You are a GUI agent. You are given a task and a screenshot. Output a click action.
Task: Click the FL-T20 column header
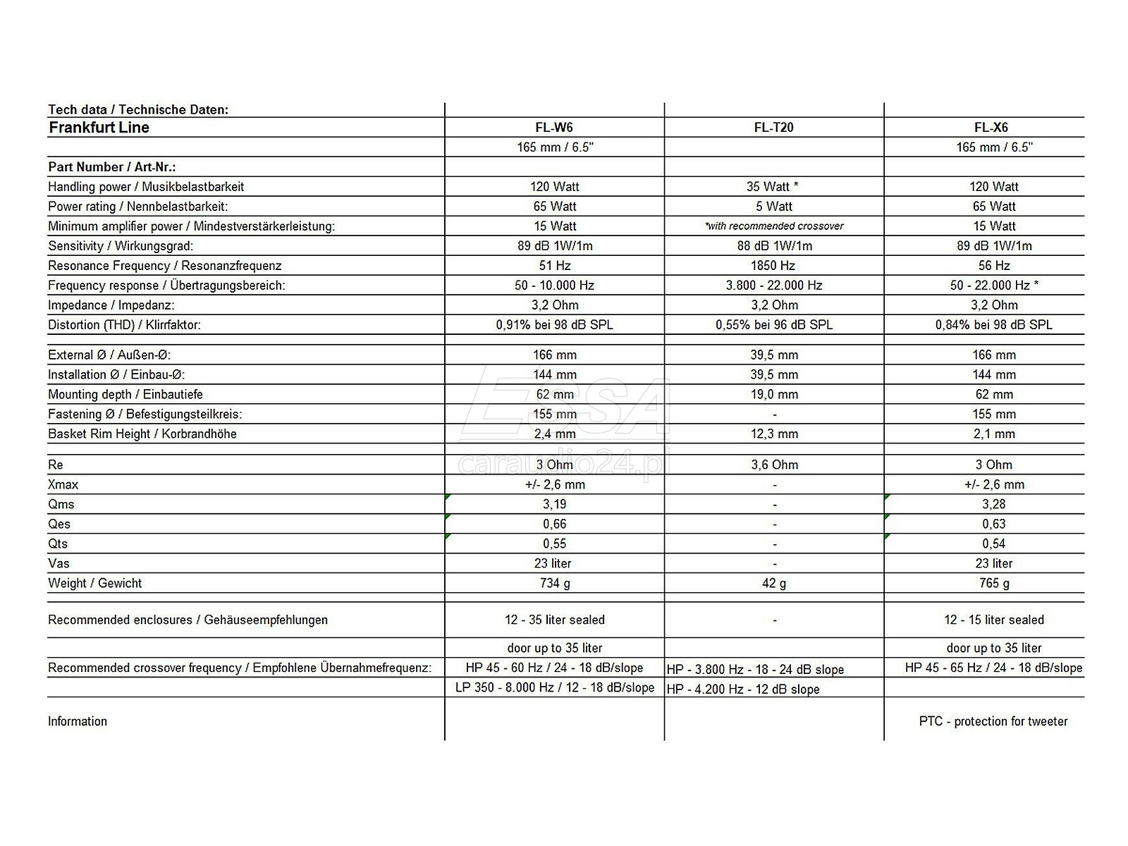pos(773,128)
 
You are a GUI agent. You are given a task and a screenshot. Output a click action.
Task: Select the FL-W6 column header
pos(554,128)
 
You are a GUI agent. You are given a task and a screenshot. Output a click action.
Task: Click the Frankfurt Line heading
pos(99,128)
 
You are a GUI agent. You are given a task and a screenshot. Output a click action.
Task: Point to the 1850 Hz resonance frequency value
pos(773,266)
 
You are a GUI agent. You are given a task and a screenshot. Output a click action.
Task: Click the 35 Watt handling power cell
pos(772,187)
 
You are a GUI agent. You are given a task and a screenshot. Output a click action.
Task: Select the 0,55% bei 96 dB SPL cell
pos(774,325)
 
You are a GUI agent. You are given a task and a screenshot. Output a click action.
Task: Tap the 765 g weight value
pos(993,583)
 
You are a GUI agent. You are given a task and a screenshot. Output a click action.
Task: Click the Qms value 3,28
pos(993,504)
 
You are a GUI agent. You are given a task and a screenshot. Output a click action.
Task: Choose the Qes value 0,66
pos(554,524)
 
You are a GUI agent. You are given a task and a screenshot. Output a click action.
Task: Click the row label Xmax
pos(63,484)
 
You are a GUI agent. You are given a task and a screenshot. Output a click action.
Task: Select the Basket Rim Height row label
pos(142,434)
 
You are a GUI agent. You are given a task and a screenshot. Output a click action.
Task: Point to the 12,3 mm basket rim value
pos(774,434)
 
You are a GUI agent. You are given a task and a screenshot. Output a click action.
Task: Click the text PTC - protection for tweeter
pos(993,721)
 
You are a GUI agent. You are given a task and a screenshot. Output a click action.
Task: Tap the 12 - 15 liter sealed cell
pos(993,620)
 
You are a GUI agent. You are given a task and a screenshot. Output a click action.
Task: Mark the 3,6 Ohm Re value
pos(774,465)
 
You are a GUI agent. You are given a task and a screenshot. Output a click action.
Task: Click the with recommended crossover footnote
pos(774,226)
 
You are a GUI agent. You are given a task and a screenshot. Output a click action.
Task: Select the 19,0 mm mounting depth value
pos(774,394)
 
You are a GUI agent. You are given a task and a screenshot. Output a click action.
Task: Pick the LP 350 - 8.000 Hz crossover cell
pos(554,687)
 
